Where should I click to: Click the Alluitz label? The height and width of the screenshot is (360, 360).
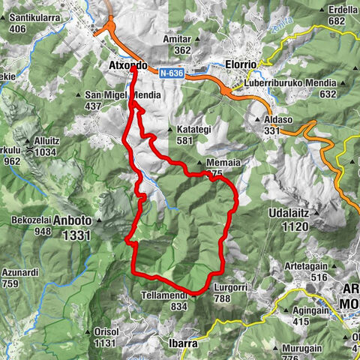click(45, 141)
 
